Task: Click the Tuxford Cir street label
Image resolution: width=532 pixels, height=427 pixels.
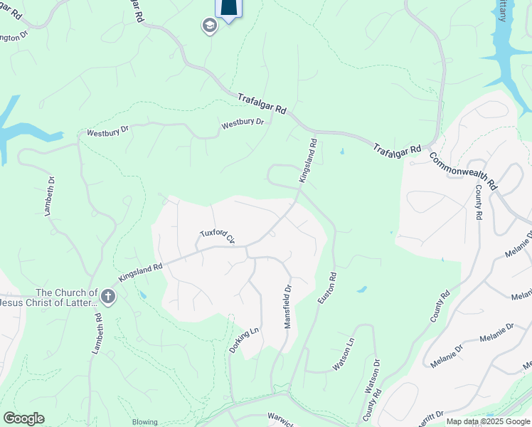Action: [x=217, y=236]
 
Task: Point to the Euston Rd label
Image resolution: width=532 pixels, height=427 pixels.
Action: [x=326, y=288]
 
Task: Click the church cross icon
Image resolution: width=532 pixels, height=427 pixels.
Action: [x=107, y=297]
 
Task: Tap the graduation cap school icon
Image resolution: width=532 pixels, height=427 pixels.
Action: [x=209, y=26]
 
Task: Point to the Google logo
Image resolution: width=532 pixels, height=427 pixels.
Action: [x=23, y=418]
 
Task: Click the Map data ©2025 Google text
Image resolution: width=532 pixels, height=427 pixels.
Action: [x=489, y=421]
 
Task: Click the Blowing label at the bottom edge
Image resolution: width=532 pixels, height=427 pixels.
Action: [x=144, y=422]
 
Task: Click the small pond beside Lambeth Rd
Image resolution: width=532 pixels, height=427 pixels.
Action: [x=142, y=294]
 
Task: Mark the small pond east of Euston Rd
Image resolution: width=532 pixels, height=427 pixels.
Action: [x=362, y=290]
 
